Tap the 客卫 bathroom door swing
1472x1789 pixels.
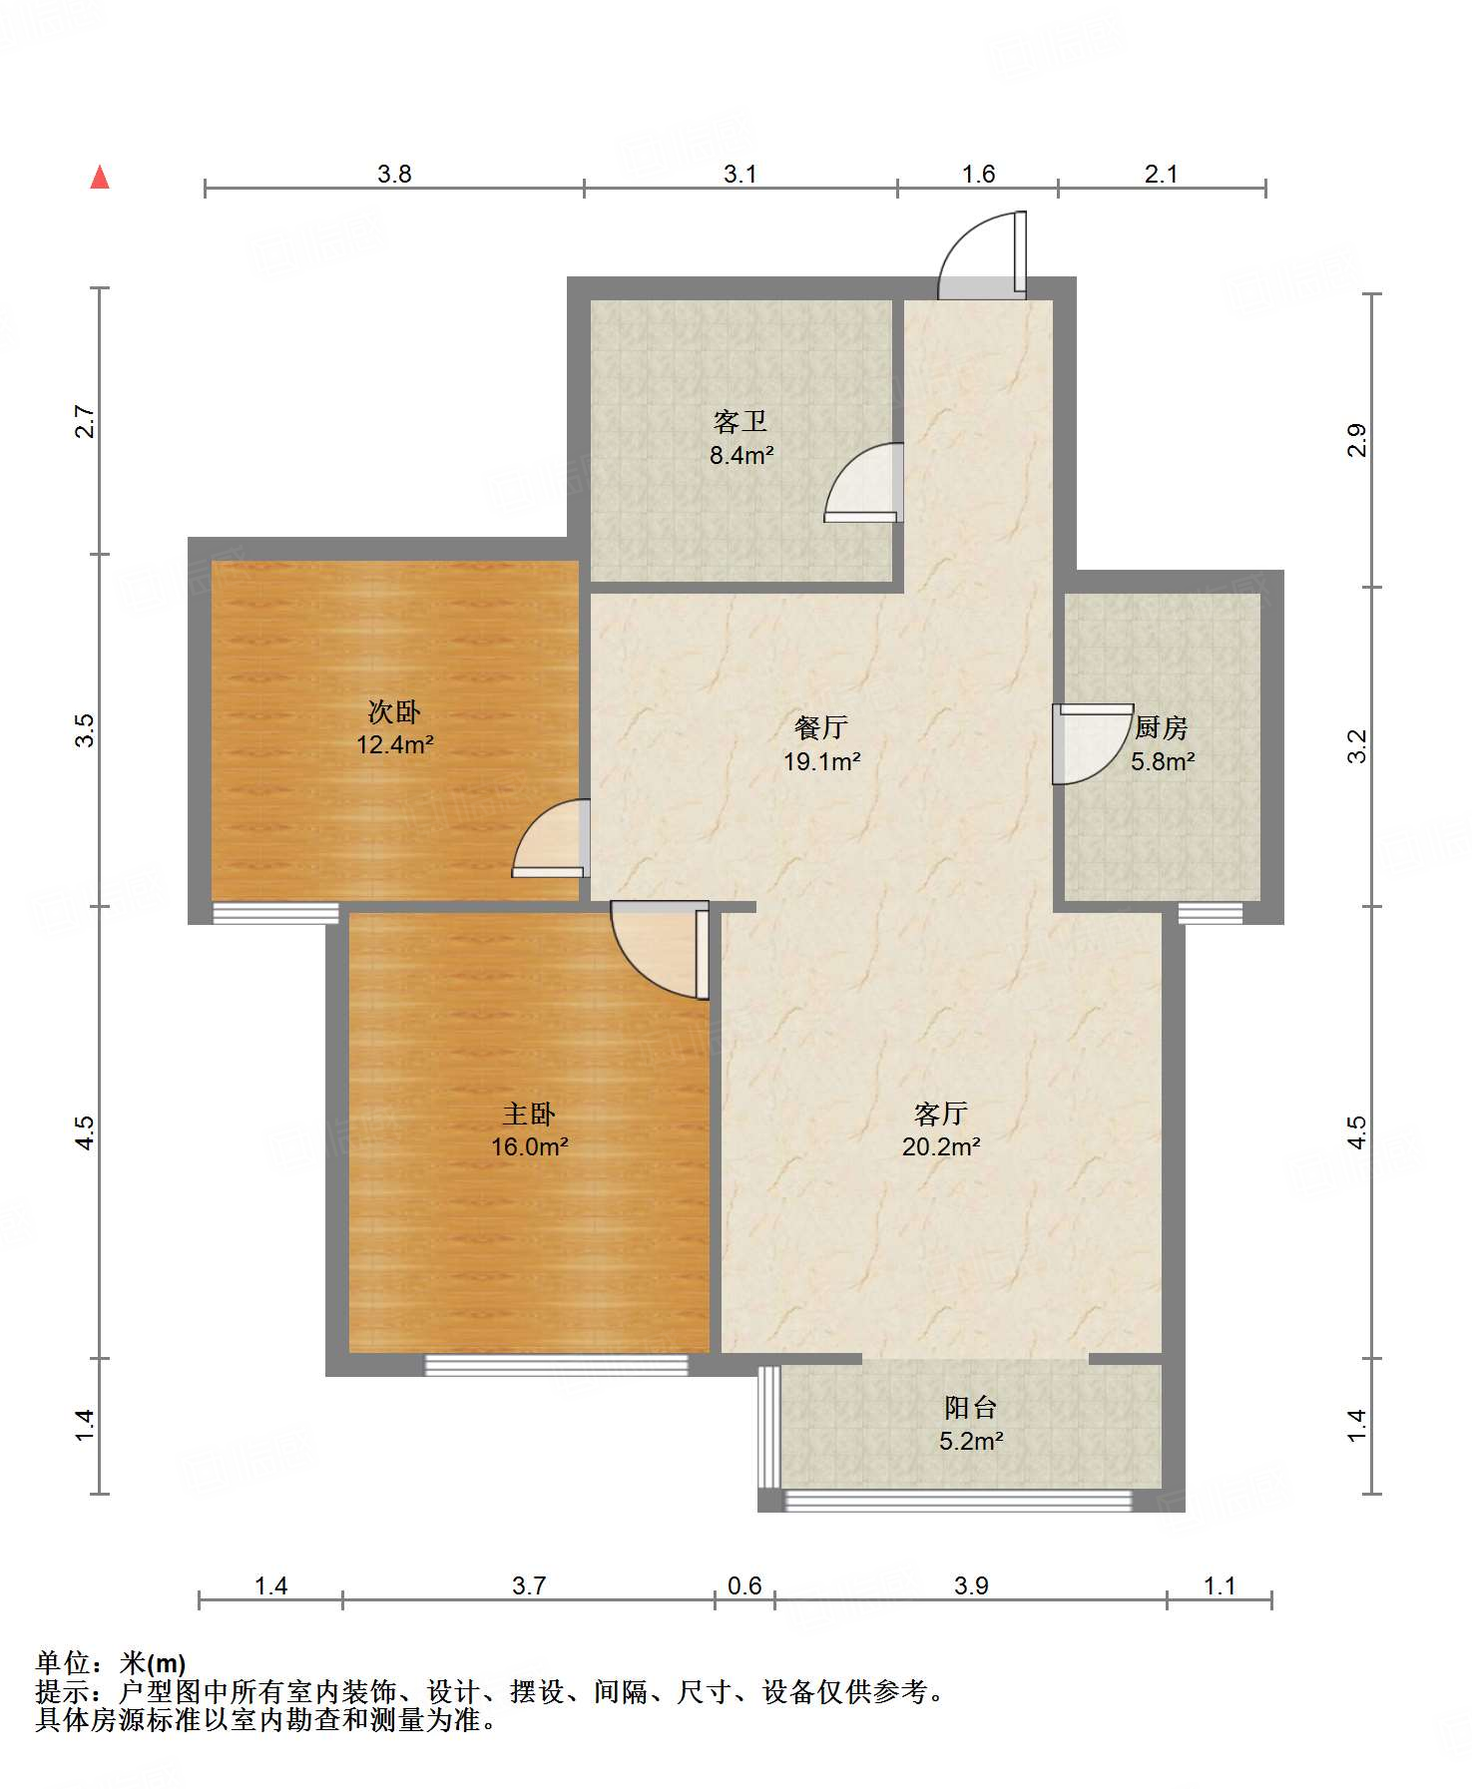[864, 483]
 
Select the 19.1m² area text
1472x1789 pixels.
[822, 762]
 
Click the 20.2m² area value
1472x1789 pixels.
[941, 1147]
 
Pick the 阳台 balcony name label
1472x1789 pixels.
[971, 1408]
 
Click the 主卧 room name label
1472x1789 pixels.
[529, 1115]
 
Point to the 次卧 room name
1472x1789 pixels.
[394, 712]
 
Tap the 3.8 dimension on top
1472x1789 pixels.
[394, 175]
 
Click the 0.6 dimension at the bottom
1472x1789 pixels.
[744, 1586]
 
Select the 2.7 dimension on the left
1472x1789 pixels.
[86, 421]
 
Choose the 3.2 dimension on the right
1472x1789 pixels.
[1357, 746]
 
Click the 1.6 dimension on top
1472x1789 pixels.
[978, 175]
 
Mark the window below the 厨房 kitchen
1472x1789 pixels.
[1211, 913]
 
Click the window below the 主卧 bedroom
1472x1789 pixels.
[557, 1364]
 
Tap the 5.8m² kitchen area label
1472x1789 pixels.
[1164, 762]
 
